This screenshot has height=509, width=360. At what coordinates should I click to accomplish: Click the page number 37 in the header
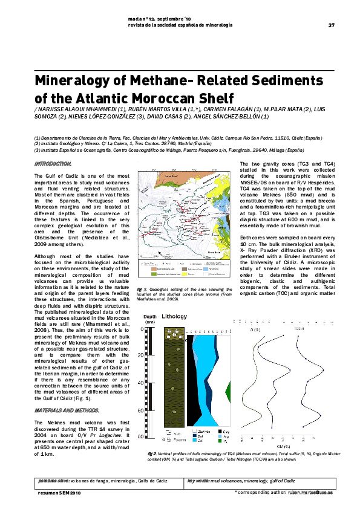(331, 25)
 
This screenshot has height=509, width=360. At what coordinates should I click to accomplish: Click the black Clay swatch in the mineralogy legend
(218, 431)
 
